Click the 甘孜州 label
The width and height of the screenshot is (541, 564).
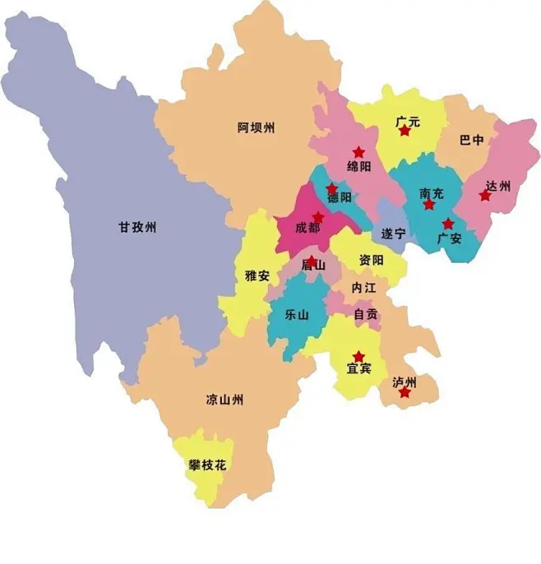pos(136,228)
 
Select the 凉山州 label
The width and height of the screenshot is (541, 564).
pos(224,400)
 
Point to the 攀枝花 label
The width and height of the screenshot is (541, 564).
pos(206,465)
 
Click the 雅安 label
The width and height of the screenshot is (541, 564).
pos(257,275)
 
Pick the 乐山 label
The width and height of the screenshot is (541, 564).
pos(296,314)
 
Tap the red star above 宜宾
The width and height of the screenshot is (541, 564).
pos(358,357)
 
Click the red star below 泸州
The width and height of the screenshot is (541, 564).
pos(405,393)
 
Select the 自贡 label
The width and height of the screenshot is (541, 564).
pos(366,314)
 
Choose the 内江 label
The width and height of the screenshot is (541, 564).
pos(363,288)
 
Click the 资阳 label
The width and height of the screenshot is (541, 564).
pos(371,260)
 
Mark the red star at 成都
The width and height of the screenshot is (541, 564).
pos(318,217)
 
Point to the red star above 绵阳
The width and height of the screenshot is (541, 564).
pos(358,152)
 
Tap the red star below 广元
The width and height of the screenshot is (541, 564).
pos(405,131)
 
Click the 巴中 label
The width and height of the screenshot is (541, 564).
pos(472,141)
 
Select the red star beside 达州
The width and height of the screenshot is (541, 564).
pos(485,196)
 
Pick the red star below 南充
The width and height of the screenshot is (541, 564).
pos(428,205)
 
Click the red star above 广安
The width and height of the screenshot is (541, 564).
pos(448,224)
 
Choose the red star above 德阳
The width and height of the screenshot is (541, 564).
pos(331,188)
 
